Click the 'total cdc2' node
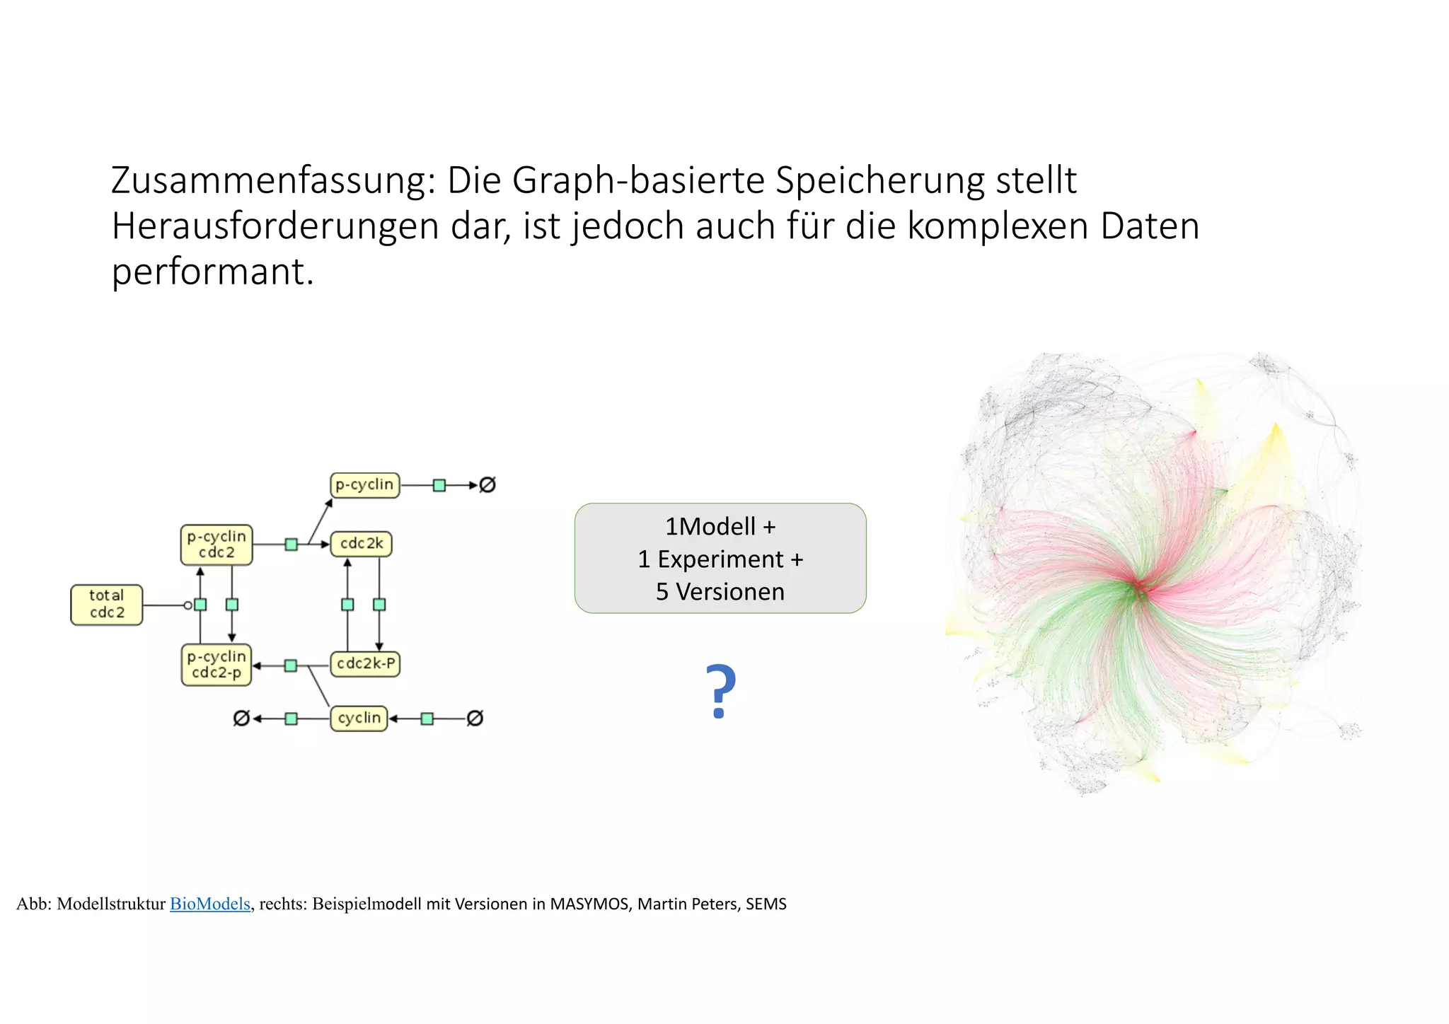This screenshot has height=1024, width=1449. coord(107,605)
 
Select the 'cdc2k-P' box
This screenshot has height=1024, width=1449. coord(365,664)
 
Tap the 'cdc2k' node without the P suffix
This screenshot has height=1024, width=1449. coord(361,544)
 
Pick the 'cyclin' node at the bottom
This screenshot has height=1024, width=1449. coord(359,718)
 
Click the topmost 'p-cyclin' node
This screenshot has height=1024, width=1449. coord(364,485)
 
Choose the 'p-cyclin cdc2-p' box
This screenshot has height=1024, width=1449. coord(217,665)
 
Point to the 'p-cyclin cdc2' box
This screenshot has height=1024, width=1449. coord(217,545)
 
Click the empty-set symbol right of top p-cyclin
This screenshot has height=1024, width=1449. coord(487,485)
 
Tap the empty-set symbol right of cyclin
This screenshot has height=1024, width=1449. coord(475,718)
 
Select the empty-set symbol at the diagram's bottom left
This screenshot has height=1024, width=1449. coord(241,718)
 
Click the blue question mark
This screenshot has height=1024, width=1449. coord(721,692)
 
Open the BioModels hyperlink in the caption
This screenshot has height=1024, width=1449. coord(210,904)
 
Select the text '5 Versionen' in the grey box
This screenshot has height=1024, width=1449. coord(720,592)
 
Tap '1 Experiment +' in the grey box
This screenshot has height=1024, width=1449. coord(720,559)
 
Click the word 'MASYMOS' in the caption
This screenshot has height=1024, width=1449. coord(589,904)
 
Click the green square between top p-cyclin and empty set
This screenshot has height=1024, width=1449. coord(439,485)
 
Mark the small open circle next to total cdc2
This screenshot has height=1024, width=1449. coord(187,605)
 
